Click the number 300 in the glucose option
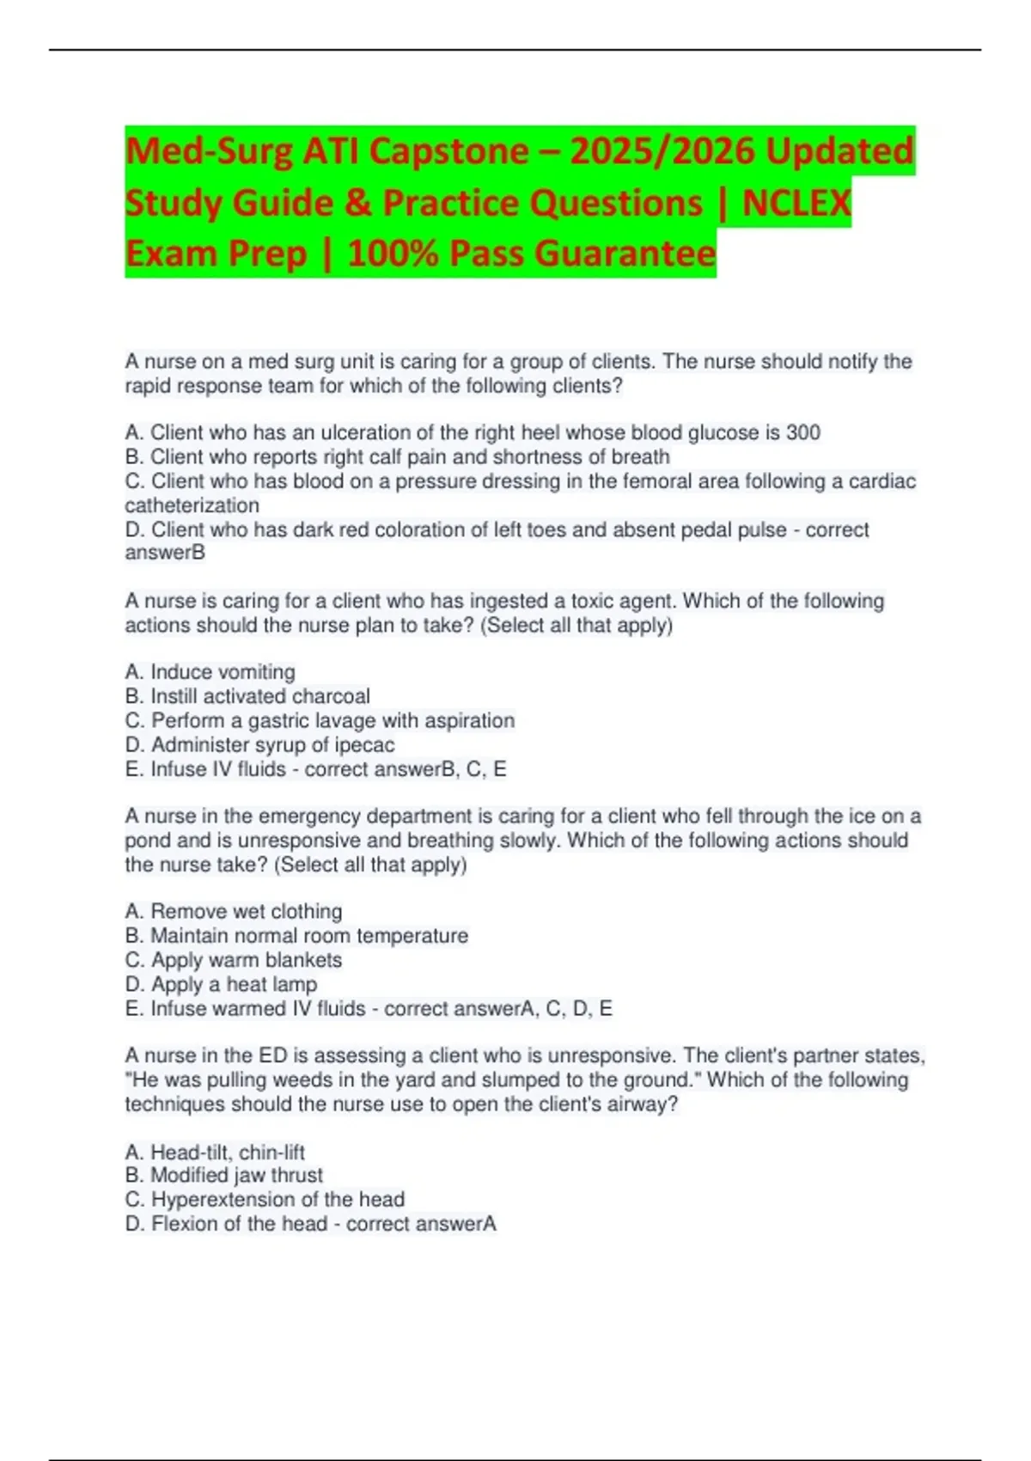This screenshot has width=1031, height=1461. pos(802,432)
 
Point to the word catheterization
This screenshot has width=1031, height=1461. pos(192,505)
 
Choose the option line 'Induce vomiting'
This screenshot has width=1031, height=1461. pos(210,672)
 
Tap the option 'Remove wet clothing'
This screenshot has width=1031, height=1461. pos(234,911)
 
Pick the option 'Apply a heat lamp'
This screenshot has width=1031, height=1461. pos(221,984)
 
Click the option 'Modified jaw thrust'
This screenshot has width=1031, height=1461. pos(223,1175)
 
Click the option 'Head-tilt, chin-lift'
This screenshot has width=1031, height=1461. pos(215,1152)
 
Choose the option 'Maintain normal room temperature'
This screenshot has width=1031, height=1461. pos(296,935)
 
